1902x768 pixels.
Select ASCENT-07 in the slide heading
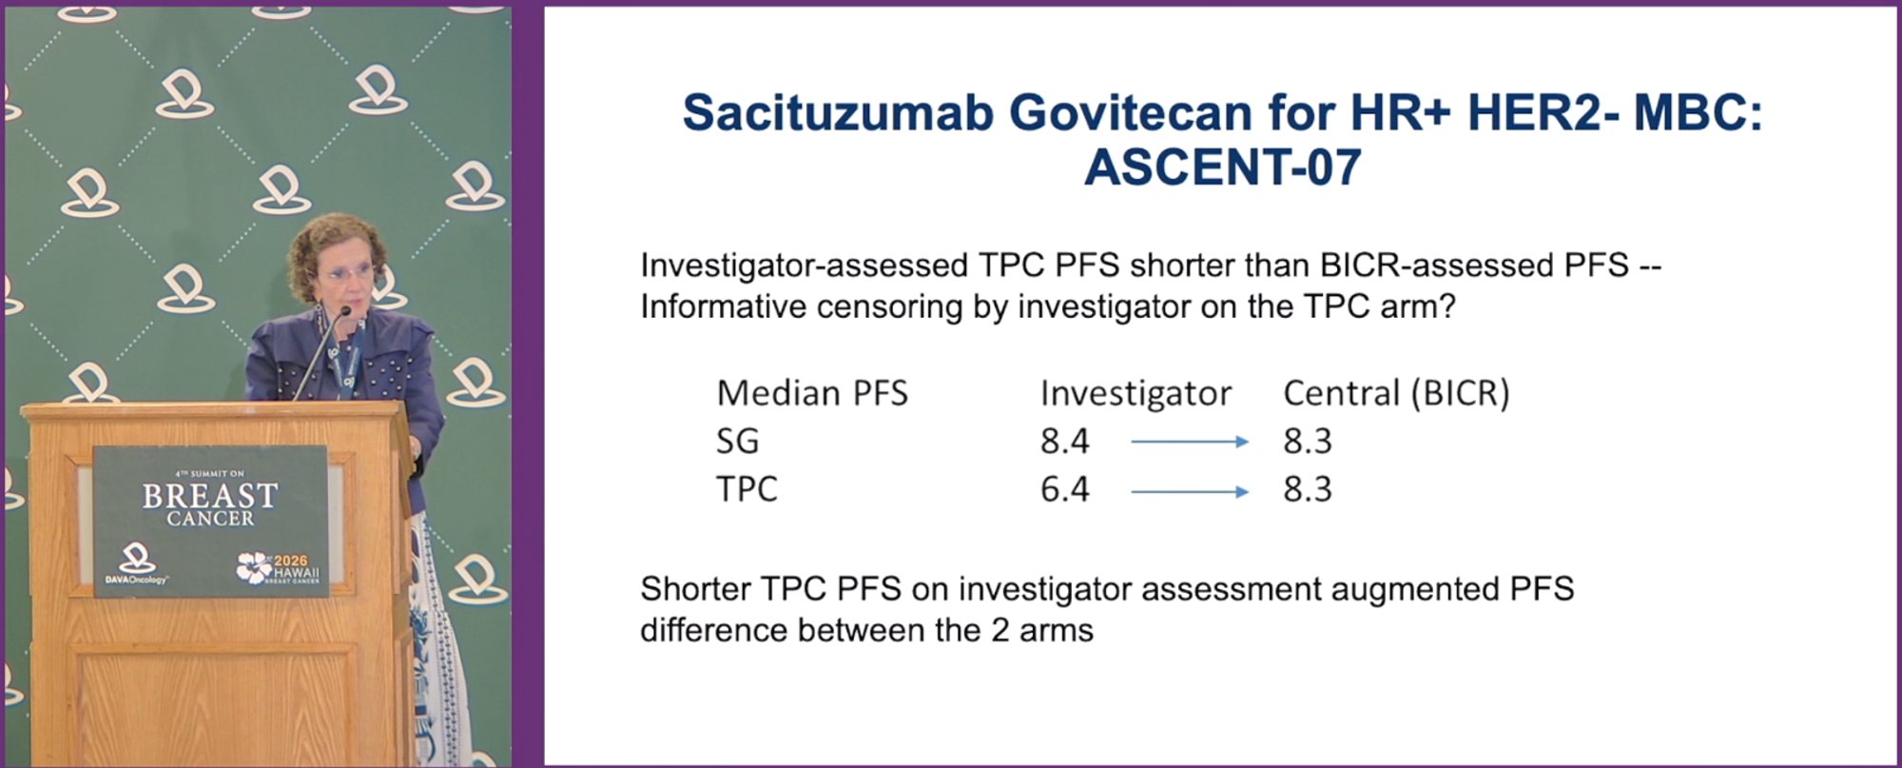(1222, 167)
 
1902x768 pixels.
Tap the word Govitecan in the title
(1130, 112)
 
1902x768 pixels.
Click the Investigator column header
(1135, 393)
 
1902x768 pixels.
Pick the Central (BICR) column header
(1396, 393)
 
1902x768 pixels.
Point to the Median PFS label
(812, 393)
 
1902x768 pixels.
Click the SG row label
(738, 442)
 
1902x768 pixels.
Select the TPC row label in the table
(747, 489)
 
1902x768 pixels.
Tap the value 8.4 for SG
(1065, 442)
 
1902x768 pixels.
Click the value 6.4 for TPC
(1065, 489)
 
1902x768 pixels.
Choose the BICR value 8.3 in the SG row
(1308, 442)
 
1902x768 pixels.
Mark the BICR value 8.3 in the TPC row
(1308, 489)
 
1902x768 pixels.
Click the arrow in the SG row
(1189, 442)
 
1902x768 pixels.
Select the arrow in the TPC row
(1189, 492)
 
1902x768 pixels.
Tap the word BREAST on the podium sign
(210, 496)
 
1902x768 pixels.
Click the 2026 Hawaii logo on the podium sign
(279, 567)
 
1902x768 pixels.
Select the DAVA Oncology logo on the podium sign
(136, 563)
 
